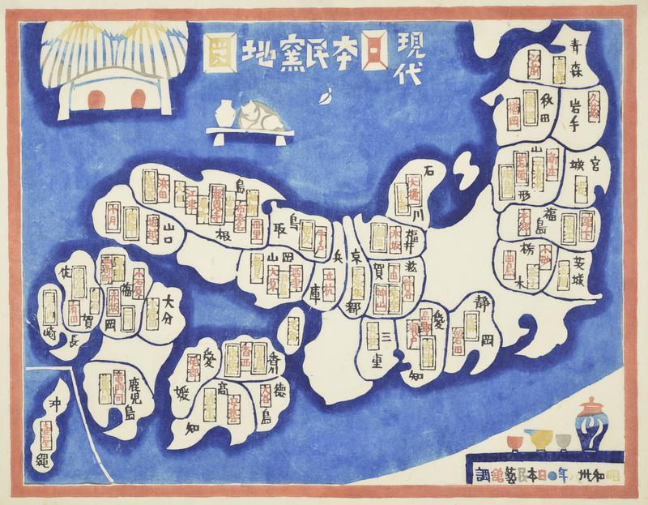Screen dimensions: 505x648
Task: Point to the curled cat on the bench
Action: [x=256, y=113]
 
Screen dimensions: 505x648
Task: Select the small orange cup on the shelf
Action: [x=513, y=443]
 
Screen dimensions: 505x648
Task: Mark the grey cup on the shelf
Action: [x=563, y=442]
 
